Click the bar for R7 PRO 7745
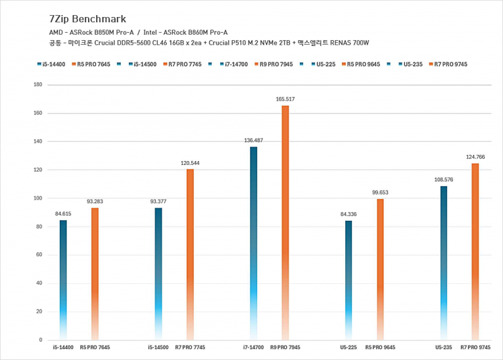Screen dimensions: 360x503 pos(190,252)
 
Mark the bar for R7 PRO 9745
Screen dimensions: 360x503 pos(475,252)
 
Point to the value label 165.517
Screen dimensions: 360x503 pos(285,99)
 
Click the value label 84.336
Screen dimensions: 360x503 pos(348,215)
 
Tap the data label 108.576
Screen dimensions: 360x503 pos(443,180)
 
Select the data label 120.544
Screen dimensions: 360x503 pos(190,163)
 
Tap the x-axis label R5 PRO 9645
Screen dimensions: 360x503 pos(380,347)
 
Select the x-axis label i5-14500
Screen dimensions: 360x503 pos(158,347)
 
